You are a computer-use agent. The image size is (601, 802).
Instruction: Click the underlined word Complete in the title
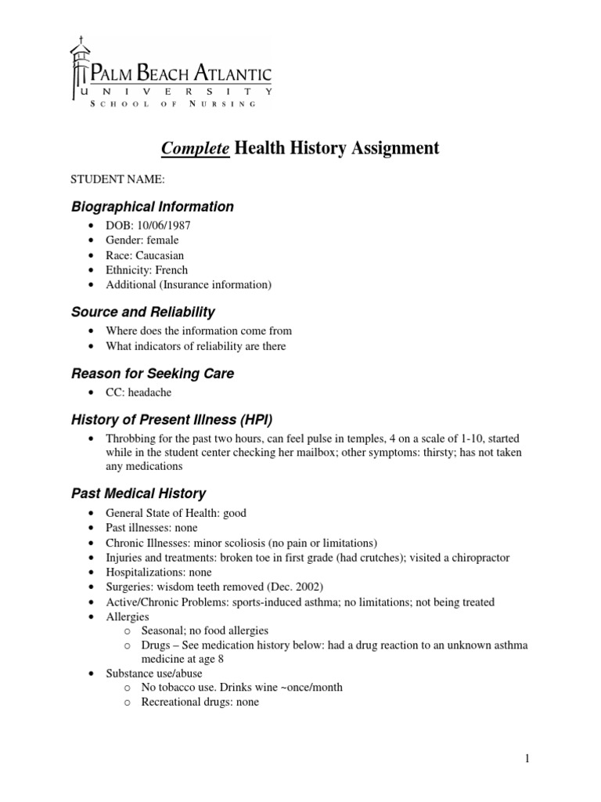click(196, 148)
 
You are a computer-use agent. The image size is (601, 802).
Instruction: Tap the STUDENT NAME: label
click(118, 179)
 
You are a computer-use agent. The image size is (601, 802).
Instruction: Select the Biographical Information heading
click(153, 207)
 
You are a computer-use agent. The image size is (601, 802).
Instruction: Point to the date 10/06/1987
click(164, 225)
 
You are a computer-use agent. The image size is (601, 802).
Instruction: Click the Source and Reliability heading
click(143, 312)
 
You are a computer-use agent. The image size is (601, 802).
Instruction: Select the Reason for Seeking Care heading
click(153, 374)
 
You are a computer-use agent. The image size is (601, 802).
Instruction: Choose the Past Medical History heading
click(139, 493)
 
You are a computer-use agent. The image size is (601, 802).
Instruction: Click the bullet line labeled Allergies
click(128, 617)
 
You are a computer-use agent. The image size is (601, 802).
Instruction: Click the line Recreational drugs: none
click(200, 703)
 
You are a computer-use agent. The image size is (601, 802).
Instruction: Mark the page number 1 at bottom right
click(527, 758)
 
